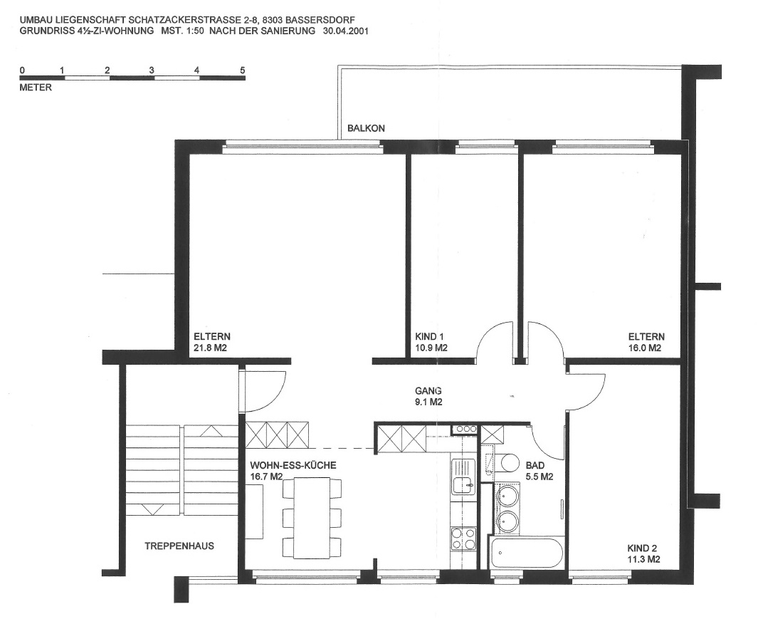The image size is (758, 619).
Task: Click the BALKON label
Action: point(366,128)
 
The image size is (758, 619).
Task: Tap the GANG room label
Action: point(428,390)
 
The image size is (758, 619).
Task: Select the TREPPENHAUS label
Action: point(179,546)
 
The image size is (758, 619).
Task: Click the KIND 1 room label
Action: point(429,336)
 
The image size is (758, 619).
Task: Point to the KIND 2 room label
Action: point(642,548)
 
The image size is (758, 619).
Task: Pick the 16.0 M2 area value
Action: point(645,348)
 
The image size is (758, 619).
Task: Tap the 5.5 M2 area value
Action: point(539,477)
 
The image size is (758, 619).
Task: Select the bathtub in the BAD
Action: point(526,552)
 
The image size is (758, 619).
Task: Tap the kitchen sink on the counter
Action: point(464,477)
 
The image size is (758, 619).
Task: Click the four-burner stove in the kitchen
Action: point(463,539)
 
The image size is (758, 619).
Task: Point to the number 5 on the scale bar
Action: point(243,71)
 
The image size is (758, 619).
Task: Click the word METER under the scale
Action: point(36,88)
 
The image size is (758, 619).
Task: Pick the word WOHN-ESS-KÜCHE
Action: point(293,466)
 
